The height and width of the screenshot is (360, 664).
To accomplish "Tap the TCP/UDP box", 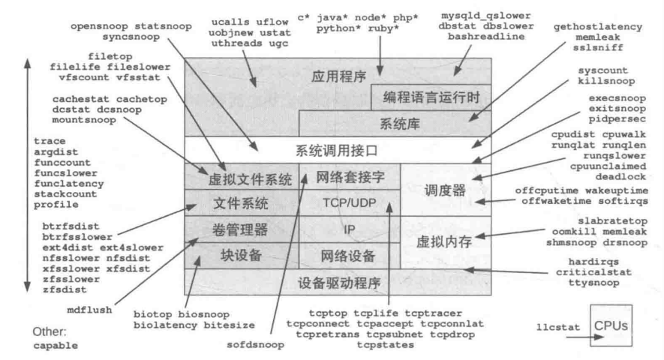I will tap(348, 202).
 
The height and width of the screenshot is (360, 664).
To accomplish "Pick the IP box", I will tap(348, 229).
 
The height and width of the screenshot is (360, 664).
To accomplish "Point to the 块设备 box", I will tap(242, 255).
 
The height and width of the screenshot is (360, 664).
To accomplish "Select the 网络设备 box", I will tap(348, 255).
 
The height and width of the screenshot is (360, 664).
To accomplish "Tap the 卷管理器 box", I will tap(242, 229).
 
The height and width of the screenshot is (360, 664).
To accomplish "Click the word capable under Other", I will tap(56, 345).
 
